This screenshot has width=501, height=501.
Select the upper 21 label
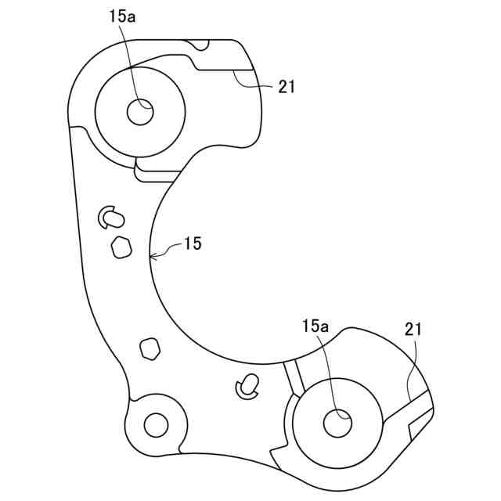(287, 88)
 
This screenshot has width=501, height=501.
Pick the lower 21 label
(413, 330)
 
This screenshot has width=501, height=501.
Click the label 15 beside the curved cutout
(193, 244)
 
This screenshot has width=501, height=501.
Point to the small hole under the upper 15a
(140, 112)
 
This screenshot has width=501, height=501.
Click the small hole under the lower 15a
(338, 423)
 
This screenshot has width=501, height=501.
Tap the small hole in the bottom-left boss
(156, 425)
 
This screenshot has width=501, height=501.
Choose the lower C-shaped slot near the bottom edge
(248, 384)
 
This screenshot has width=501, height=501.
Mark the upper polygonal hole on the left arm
(121, 247)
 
